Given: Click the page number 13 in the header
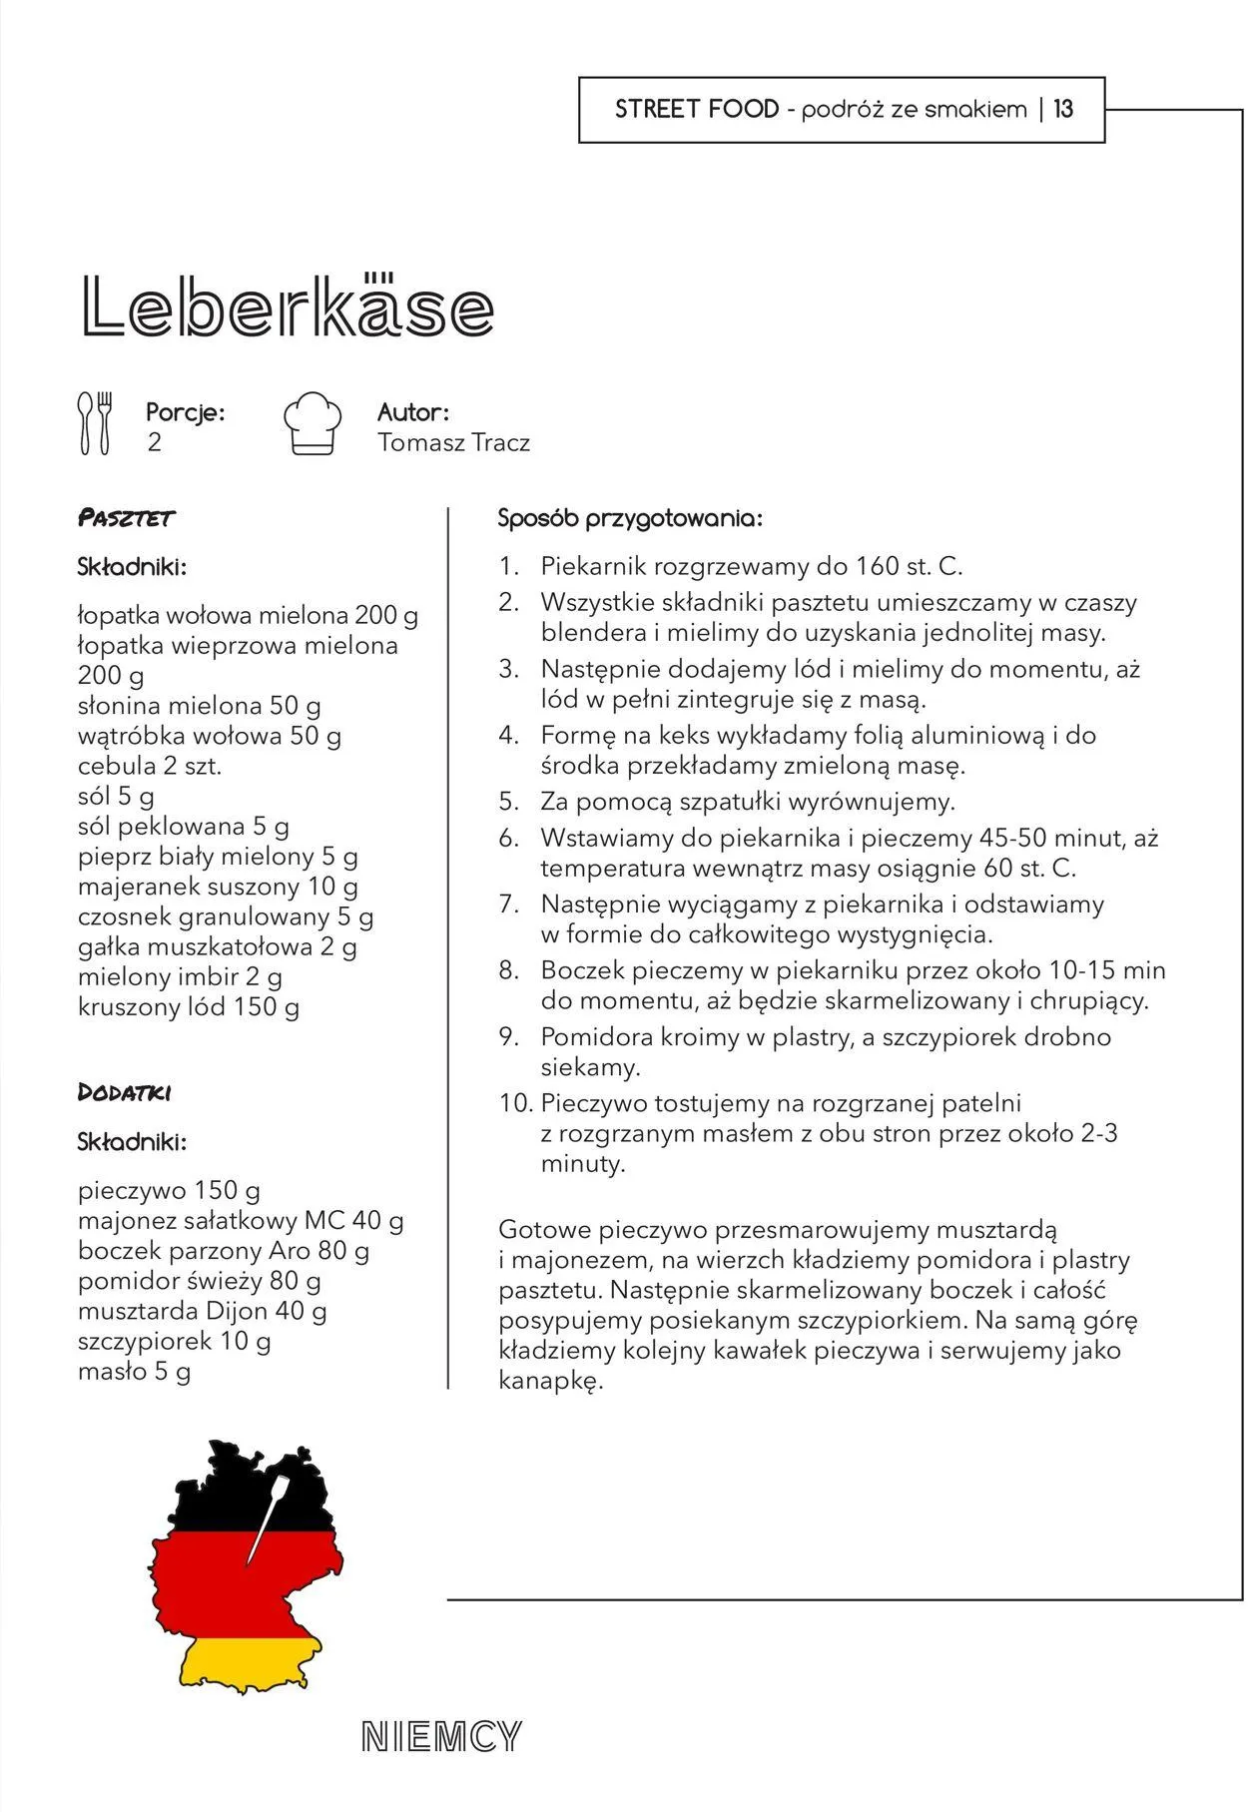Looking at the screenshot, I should pyautogui.click(x=1063, y=109).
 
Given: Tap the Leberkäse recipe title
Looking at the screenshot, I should pyautogui.click(x=288, y=305).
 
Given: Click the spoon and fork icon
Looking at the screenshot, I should pyautogui.click(x=96, y=423).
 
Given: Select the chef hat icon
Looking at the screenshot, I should pyautogui.click(x=312, y=423).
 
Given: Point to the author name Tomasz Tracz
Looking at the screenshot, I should pyautogui.click(x=453, y=442).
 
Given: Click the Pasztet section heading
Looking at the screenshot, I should pyautogui.click(x=126, y=518).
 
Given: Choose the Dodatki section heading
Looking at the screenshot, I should pyautogui.click(x=125, y=1092).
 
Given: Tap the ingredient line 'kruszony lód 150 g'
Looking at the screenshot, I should pyautogui.click(x=189, y=1006).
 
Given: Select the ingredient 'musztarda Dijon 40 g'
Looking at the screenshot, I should pyautogui.click(x=203, y=1310).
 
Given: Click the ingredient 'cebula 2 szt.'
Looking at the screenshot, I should pyautogui.click(x=150, y=766).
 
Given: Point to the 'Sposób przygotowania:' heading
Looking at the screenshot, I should pyautogui.click(x=630, y=518).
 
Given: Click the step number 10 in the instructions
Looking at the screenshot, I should pyautogui.click(x=516, y=1103).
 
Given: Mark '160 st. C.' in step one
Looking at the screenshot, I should pyautogui.click(x=909, y=566).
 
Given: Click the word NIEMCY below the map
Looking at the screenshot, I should pyautogui.click(x=441, y=1737).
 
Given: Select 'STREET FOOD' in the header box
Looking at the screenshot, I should pyautogui.click(x=696, y=109).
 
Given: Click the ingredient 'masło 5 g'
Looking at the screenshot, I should pyautogui.click(x=135, y=1371).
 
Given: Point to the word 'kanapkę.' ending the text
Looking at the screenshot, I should pyautogui.click(x=551, y=1381).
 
